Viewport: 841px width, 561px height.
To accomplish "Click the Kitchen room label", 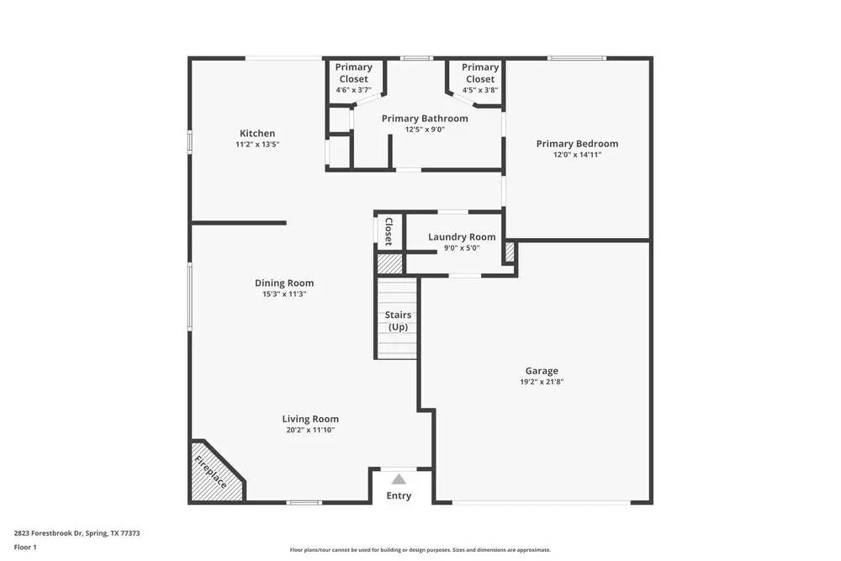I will click(257, 134).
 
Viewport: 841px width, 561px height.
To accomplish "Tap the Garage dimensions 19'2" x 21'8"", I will click(542, 382).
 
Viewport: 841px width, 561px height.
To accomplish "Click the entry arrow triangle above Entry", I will click(399, 479).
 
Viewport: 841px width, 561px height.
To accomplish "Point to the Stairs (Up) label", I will click(398, 320).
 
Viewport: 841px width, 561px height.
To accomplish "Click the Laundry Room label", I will click(462, 237).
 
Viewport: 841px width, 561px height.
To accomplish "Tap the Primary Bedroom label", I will click(577, 144).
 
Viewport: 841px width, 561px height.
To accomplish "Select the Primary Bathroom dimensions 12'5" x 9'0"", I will click(425, 130).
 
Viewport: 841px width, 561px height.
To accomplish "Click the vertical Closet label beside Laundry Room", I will click(389, 231).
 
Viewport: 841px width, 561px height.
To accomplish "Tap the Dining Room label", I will click(284, 283).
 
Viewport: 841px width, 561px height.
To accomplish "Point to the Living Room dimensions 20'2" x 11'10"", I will click(310, 430).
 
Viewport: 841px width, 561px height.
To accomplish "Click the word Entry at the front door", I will click(399, 496).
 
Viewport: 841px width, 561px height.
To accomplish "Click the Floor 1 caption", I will click(25, 547).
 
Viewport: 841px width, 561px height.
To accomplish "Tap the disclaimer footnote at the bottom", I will click(420, 550).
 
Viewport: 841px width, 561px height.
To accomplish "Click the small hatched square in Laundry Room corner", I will click(509, 251).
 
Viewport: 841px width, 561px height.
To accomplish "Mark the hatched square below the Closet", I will click(389, 263).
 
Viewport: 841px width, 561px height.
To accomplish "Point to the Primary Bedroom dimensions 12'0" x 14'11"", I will click(577, 155).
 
